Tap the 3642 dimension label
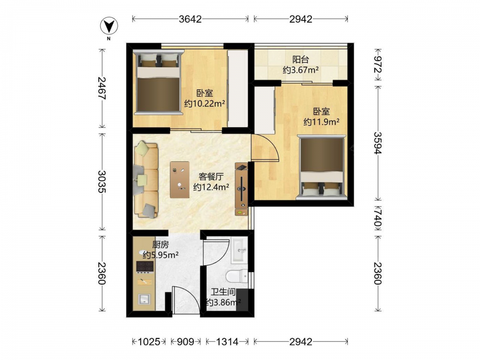click(x=191, y=19)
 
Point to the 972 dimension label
click(x=378, y=65)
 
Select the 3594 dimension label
click(x=378, y=143)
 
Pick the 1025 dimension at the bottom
click(x=149, y=341)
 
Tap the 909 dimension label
click(x=185, y=341)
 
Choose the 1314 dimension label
click(x=227, y=341)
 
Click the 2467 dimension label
click(x=102, y=88)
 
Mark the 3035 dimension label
click(x=102, y=181)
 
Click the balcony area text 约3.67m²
click(x=301, y=70)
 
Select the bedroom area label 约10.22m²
click(x=204, y=104)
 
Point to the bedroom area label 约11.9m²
click(x=322, y=122)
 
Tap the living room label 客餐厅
click(x=211, y=177)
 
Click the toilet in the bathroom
click(x=237, y=276)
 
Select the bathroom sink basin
click(x=240, y=251)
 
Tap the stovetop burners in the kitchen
click(x=145, y=267)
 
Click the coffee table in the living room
click(x=180, y=180)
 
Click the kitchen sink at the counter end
click(x=144, y=299)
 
